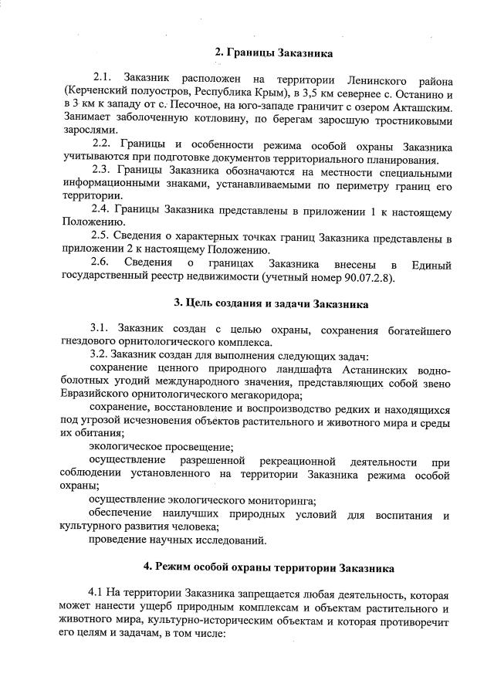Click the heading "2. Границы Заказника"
point(273,53)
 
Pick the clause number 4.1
point(97,594)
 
